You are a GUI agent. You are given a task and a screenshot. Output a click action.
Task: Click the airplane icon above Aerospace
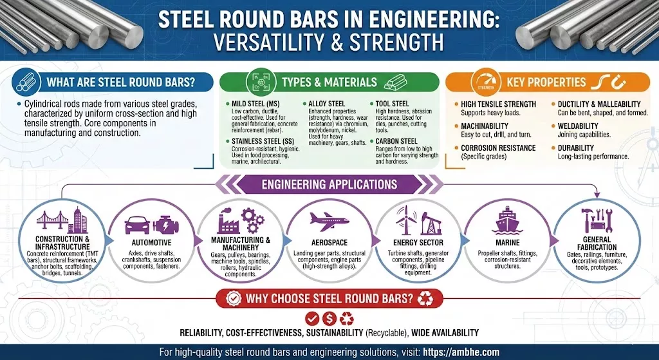click(329, 221)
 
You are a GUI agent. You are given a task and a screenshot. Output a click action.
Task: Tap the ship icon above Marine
click(507, 220)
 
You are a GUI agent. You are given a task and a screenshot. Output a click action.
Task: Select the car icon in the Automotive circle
click(137, 225)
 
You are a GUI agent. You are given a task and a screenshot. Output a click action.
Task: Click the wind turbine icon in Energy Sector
click(406, 220)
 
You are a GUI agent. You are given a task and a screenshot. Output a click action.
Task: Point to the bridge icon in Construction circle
click(52, 220)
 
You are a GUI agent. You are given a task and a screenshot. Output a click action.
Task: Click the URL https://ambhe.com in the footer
click(461, 352)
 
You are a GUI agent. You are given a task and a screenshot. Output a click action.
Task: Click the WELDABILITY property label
click(578, 126)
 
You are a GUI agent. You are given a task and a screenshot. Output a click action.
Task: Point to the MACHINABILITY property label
click(485, 126)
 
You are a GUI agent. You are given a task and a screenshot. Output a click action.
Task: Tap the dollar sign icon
click(329, 319)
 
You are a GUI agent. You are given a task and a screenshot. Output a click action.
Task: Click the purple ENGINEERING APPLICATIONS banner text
click(329, 184)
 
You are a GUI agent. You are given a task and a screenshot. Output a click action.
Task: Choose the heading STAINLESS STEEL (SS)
click(263, 141)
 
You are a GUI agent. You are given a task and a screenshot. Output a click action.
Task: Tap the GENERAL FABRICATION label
click(597, 243)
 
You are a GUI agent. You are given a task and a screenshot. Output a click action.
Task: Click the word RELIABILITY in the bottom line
click(201, 333)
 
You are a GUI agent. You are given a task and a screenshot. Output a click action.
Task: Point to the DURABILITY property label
click(576, 148)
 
